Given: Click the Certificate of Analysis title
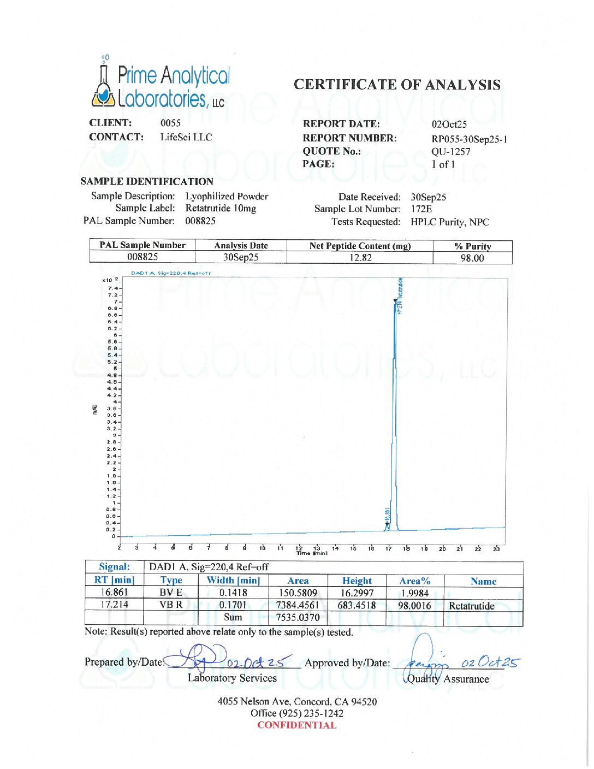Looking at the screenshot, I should tap(397, 85).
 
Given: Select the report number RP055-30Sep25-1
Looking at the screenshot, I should tap(469, 139).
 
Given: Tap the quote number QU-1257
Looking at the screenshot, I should tap(450, 152).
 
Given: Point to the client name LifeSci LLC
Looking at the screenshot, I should tap(186, 137).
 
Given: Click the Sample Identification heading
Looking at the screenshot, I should tap(146, 181).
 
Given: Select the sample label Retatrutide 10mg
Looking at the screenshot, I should tap(221, 208).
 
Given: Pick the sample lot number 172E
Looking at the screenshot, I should tap(421, 209).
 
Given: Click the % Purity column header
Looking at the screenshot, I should tap(472, 246).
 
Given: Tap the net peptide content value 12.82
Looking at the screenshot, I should tap(360, 258).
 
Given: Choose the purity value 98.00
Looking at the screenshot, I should tap(472, 258).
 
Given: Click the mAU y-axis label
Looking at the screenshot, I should tap(94, 410).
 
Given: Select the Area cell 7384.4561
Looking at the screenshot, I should tap(298, 605).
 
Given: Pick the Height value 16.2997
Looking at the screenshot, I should tap(357, 593).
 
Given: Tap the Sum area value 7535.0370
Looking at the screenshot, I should tap(298, 618).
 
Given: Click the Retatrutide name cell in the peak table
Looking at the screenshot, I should tap(471, 606).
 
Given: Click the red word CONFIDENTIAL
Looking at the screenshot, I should tap(296, 725).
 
